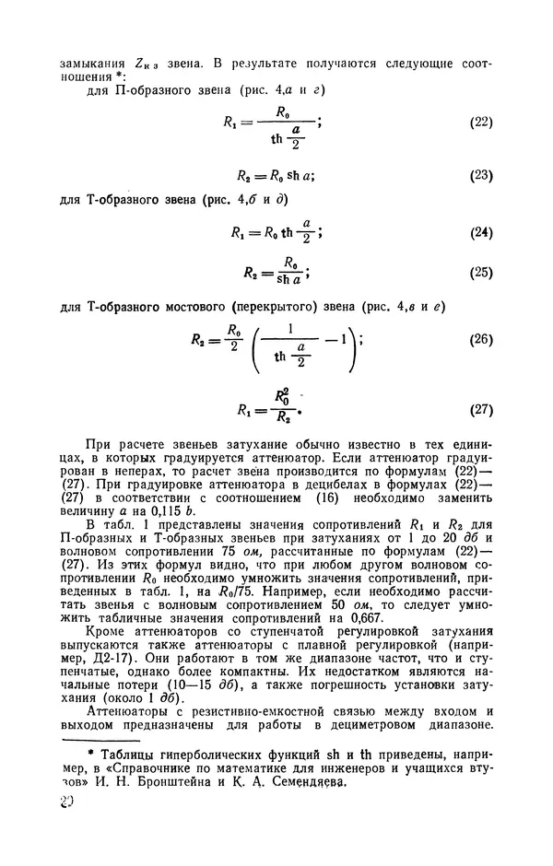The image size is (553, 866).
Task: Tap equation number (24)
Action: point(479,232)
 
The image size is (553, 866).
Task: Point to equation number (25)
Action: point(479,273)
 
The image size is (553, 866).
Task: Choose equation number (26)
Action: point(479,339)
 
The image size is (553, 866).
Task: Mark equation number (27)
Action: point(479,407)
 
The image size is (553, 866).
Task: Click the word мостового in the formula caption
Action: point(240,306)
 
